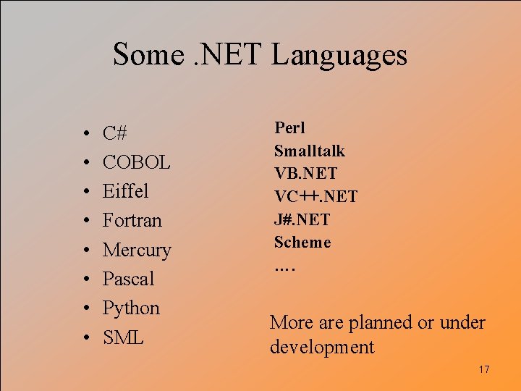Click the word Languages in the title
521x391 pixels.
[339, 55]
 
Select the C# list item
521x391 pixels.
[115, 133]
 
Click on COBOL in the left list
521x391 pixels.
[137, 162]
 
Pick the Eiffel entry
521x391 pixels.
[125, 191]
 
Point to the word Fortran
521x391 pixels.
[132, 220]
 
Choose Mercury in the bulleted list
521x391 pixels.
[137, 250]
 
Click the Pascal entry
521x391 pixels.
[129, 279]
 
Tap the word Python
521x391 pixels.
[131, 308]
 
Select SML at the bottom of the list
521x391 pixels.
[123, 337]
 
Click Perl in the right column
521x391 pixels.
[289, 128]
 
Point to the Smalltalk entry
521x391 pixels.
[309, 151]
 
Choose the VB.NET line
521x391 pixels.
[305, 174]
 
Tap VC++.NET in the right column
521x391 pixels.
[315, 197]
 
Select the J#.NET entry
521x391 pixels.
[302, 219]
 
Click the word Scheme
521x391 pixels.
[302, 243]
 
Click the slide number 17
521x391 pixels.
[484, 370]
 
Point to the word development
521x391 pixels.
[322, 347]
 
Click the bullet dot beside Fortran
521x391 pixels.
[86, 221]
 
